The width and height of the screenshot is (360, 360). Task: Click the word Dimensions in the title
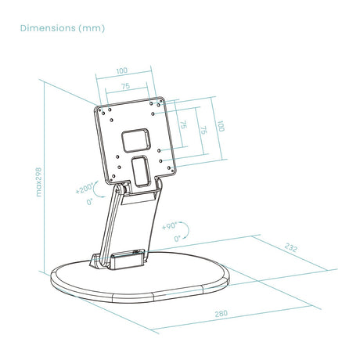point(48,28)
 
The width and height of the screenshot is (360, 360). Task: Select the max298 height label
point(38,182)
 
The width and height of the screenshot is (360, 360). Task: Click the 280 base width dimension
point(221,313)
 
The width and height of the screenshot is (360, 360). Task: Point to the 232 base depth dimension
point(290,247)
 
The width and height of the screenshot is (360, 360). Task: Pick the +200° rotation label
point(84,189)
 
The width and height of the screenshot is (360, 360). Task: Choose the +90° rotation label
point(170,226)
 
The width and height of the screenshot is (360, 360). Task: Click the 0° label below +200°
point(90,201)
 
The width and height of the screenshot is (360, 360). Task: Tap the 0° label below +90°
point(177,239)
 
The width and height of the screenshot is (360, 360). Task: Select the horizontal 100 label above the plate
point(122,70)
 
